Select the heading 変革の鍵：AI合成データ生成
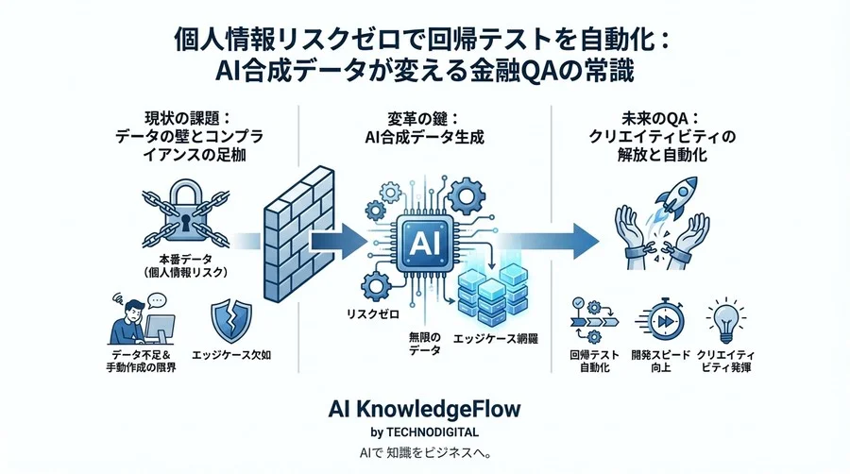pyautogui.click(x=425, y=130)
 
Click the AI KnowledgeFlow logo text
pyautogui.click(x=424, y=409)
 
